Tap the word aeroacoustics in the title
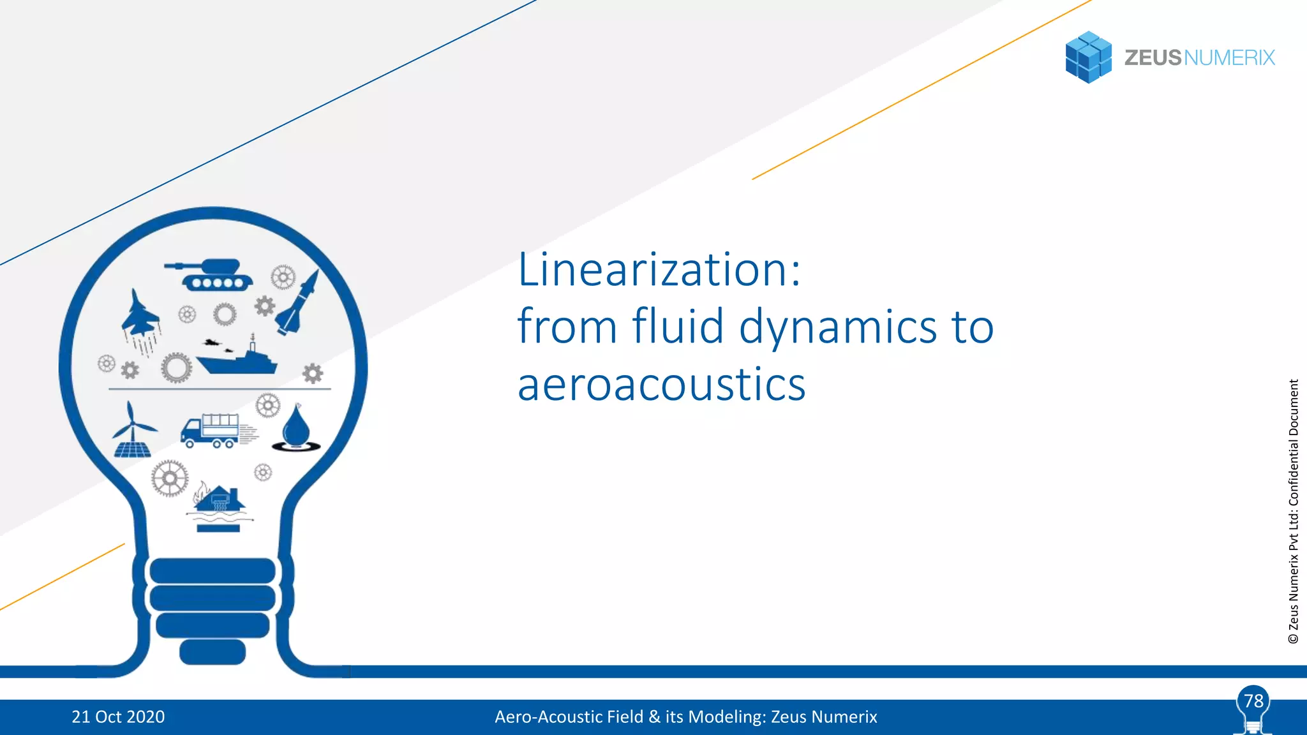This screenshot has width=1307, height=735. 661,385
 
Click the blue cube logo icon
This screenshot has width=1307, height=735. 1088,57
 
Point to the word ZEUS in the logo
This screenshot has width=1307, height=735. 1153,58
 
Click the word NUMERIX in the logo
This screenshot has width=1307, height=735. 1229,58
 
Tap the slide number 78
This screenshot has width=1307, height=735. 1253,701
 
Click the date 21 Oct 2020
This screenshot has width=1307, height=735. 118,717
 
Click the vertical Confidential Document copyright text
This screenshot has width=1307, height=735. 1294,510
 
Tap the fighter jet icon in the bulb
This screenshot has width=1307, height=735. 140,316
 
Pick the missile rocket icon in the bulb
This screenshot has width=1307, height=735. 299,302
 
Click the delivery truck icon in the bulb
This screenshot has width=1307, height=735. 212,431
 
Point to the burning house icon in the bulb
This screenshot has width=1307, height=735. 219,501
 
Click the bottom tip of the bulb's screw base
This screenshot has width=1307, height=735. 213,652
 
